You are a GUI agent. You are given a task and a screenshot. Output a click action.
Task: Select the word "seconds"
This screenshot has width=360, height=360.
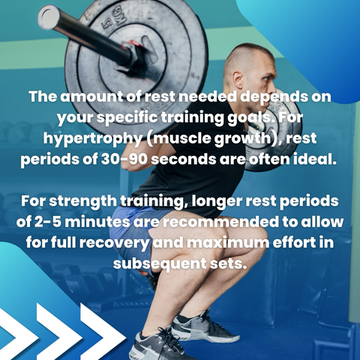tap(184, 159)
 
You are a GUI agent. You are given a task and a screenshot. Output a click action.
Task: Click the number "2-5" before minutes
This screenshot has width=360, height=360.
tap(47, 222)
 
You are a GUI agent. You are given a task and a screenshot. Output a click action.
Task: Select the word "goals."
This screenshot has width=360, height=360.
tap(250, 118)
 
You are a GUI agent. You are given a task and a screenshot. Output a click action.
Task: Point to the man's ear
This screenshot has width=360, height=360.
tap(238, 79)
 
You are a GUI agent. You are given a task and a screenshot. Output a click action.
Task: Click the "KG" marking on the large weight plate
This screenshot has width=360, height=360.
tap(118, 16)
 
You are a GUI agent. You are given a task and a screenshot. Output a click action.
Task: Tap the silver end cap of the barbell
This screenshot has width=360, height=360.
tap(49, 16)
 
